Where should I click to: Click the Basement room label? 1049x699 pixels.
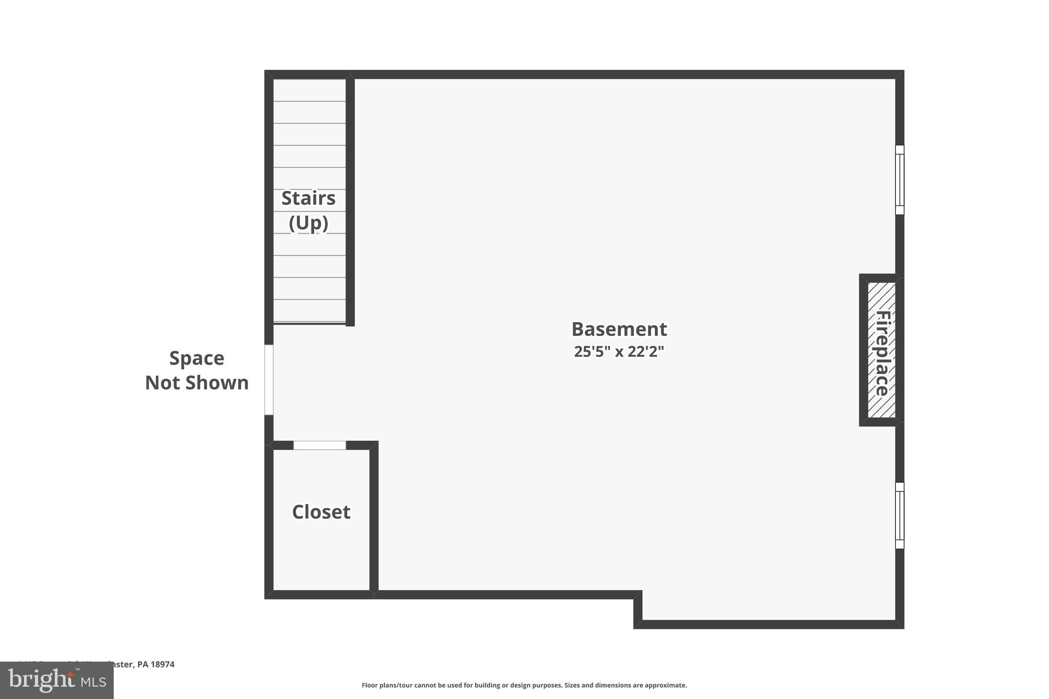[619, 329]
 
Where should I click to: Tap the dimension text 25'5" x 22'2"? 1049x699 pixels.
[619, 352]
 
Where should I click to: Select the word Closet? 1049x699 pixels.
[321, 512]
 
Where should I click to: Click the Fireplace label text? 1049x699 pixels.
[882, 353]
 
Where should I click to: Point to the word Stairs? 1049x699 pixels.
[308, 198]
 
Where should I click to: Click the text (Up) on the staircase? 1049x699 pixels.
[308, 223]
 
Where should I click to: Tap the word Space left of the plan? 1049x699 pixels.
[197, 358]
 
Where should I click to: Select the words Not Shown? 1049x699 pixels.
[197, 383]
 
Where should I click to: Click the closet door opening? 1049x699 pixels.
[320, 446]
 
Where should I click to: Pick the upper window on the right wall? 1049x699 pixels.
[899, 180]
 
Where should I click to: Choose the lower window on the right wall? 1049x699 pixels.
[899, 516]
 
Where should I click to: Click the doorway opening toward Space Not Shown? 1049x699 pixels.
[269, 380]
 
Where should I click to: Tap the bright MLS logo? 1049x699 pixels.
[57, 681]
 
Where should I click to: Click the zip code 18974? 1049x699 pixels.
[163, 664]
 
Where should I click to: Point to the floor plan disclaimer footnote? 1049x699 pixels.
[524, 685]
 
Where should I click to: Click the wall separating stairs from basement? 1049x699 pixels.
[350, 200]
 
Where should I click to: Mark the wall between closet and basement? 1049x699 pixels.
[374, 517]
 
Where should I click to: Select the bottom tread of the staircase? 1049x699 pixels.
[309, 311]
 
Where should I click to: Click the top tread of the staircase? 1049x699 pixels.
[309, 90]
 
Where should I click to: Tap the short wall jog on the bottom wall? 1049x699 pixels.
[638, 609]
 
